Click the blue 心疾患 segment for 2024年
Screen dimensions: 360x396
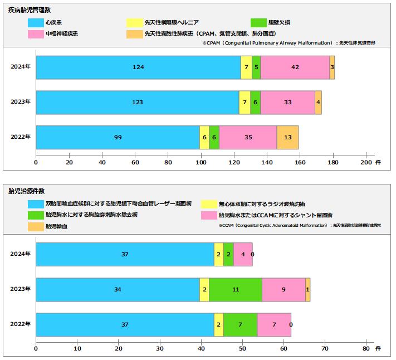138,67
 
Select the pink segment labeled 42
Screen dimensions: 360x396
295,67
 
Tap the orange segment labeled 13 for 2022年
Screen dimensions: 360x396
287,137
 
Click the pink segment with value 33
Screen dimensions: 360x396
287,103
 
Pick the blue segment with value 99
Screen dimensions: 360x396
118,137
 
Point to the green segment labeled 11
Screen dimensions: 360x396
235,289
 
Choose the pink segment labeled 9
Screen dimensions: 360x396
283,289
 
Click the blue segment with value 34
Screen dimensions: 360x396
118,289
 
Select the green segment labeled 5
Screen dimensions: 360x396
256,67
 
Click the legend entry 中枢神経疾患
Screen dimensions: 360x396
61,34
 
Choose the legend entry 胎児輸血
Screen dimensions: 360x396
56,227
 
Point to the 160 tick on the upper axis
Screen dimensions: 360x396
300,163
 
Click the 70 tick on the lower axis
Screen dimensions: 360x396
325,349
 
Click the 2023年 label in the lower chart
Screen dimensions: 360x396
21,289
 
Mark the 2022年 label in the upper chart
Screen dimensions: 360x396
21,137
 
